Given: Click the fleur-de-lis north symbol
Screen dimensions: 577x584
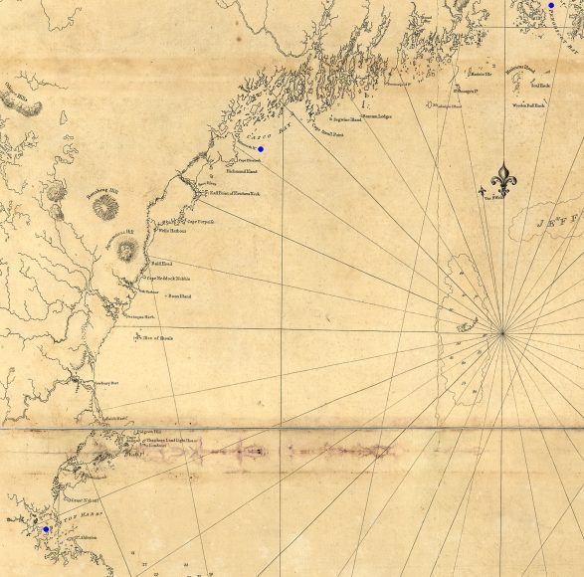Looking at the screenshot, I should [x=505, y=180].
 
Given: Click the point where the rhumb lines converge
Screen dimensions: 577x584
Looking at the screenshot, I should [x=503, y=329].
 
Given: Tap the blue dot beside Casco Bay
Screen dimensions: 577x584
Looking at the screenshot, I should [x=261, y=148].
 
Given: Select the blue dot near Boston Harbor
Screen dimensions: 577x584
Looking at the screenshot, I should [x=46, y=529].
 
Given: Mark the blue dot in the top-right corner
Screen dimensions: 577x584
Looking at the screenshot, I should [x=550, y=5].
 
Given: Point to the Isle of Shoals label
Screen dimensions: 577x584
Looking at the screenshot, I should [x=158, y=339].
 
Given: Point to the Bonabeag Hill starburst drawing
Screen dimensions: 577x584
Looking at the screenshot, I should [x=104, y=207].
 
